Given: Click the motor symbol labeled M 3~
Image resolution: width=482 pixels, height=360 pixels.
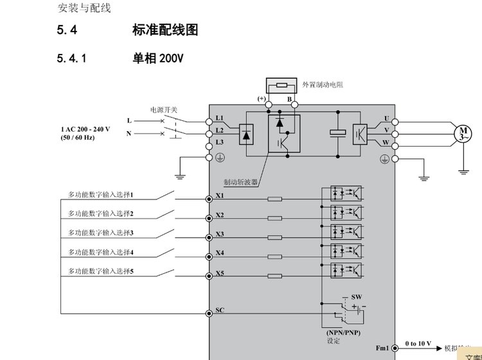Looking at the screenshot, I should pyautogui.click(x=463, y=134).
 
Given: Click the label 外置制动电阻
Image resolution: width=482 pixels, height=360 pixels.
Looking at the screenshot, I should pyautogui.click(x=323, y=85).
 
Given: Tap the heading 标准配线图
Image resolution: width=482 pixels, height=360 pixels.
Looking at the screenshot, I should pyautogui.click(x=165, y=30).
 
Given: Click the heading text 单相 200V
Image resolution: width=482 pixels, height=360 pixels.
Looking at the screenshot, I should pyautogui.click(x=158, y=59).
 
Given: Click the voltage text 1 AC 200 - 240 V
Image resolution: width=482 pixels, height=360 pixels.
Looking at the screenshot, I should pyautogui.click(x=85, y=129).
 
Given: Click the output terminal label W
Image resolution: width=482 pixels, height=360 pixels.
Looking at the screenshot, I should pyautogui.click(x=386, y=142).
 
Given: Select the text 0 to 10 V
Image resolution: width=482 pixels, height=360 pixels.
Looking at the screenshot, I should pyautogui.click(x=418, y=344).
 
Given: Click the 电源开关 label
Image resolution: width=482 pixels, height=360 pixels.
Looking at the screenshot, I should pyautogui.click(x=164, y=109).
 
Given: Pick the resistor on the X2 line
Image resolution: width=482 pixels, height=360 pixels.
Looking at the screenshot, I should pyautogui.click(x=274, y=219).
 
